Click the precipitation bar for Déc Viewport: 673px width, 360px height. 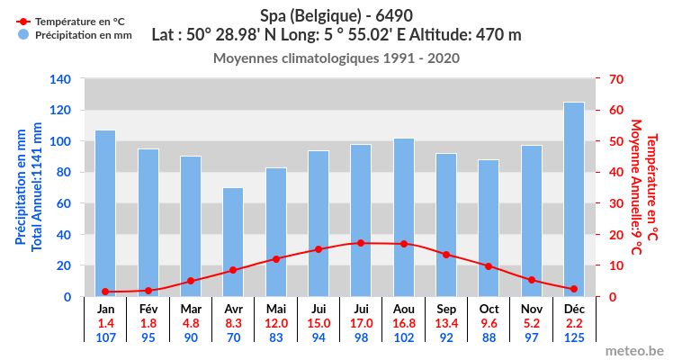point(574,200)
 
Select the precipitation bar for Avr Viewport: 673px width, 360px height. point(233,242)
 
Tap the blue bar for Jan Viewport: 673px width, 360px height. point(105,213)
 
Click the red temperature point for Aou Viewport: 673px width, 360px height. point(403,244)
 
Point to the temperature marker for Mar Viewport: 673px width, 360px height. point(191,281)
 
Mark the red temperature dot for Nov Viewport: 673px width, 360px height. point(532,280)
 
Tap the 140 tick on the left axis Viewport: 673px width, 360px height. point(59,79)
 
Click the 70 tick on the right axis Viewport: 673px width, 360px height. point(616,79)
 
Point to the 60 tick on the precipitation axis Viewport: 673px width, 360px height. point(63,203)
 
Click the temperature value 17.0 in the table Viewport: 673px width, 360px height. point(361,323)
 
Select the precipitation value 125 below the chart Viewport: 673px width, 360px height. point(574,337)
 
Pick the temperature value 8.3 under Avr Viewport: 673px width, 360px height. point(233,323)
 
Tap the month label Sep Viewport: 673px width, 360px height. point(446,309)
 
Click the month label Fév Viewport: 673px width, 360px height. point(148,309)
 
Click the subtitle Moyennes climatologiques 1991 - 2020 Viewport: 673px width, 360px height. point(336,58)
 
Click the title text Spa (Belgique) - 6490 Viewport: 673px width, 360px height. point(336,15)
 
